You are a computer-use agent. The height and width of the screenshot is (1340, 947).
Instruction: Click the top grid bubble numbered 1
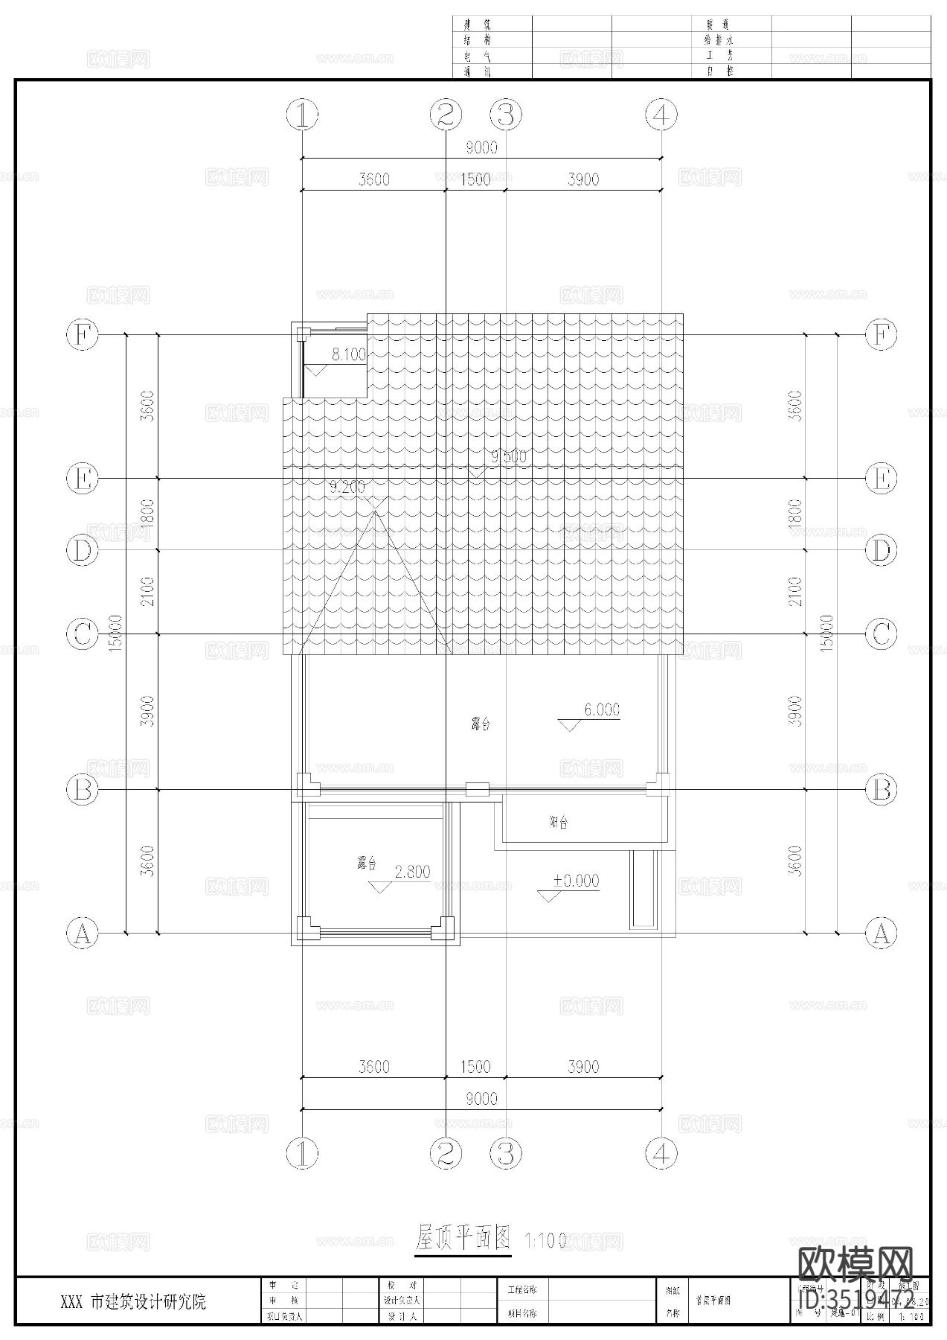pyautogui.click(x=302, y=115)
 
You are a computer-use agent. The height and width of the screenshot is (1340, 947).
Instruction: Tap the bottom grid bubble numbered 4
pyautogui.click(x=661, y=1154)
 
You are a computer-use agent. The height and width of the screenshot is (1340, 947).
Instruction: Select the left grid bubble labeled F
pyautogui.click(x=83, y=335)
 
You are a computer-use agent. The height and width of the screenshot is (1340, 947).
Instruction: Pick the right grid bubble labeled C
pyautogui.click(x=881, y=634)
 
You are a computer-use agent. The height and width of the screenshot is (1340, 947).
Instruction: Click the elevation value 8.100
pyautogui.click(x=348, y=355)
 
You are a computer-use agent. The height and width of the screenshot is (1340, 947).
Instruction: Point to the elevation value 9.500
pyautogui.click(x=507, y=456)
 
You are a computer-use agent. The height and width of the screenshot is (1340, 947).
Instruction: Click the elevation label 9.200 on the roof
pyautogui.click(x=347, y=488)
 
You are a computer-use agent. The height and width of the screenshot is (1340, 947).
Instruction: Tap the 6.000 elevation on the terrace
pyautogui.click(x=601, y=710)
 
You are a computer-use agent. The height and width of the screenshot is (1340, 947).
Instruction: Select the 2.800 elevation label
pyautogui.click(x=412, y=872)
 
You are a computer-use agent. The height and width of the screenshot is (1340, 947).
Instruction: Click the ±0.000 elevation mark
pyautogui.click(x=576, y=881)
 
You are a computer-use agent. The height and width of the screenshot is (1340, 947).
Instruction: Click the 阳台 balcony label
pyautogui.click(x=559, y=823)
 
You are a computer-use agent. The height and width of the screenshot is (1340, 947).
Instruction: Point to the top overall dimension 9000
pyautogui.click(x=481, y=147)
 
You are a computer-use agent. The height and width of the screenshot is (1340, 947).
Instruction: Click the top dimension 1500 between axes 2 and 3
pyautogui.click(x=475, y=179)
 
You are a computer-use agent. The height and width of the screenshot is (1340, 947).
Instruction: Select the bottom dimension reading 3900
pyautogui.click(x=582, y=1067)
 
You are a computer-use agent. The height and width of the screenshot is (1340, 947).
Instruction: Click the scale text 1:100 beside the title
pyautogui.click(x=545, y=1241)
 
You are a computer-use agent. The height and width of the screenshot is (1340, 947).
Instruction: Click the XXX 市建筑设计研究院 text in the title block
pyautogui.click(x=133, y=1302)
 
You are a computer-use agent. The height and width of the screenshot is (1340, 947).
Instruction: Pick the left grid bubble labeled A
pyautogui.click(x=83, y=933)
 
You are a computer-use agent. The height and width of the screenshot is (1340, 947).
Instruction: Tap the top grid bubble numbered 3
pyautogui.click(x=506, y=115)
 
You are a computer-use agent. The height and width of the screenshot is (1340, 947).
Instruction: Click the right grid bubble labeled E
pyautogui.click(x=881, y=479)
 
